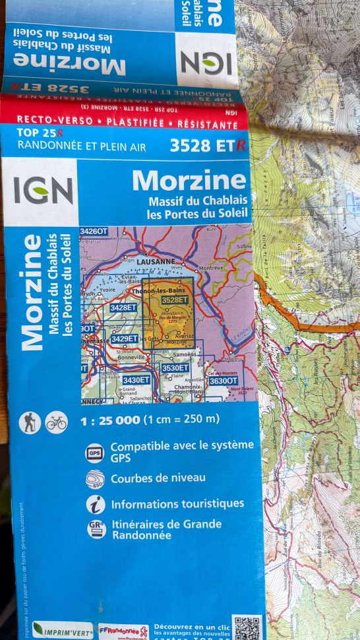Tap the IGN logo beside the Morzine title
[x=44, y=191]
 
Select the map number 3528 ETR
[x=207, y=146]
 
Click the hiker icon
[x=30, y=422]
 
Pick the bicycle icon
[x=57, y=422]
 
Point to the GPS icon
[x=95, y=453]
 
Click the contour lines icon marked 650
[x=95, y=480]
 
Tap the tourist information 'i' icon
[x=95, y=505]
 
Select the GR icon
[x=96, y=529]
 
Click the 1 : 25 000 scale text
[x=110, y=420]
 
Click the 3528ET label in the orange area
[x=175, y=300]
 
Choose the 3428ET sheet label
[x=123, y=307]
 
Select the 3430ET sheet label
[x=136, y=379]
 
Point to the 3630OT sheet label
[x=223, y=380]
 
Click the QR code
[x=247, y=627]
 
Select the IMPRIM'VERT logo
[x=63, y=629]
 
